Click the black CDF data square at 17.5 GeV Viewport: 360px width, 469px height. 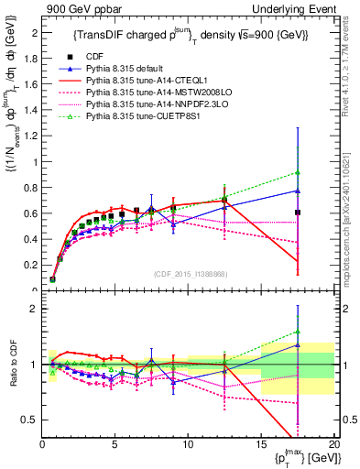[x=298, y=213]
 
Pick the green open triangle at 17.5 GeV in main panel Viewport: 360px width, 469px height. [x=298, y=172]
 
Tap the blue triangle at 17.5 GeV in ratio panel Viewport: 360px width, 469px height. [x=298, y=345]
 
